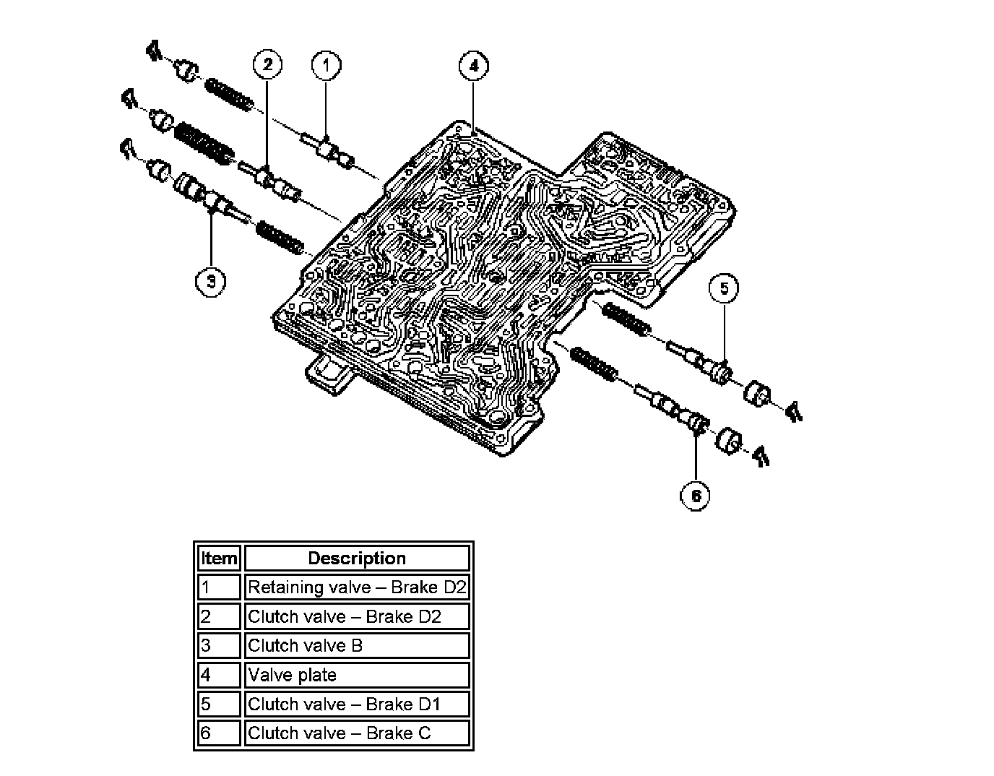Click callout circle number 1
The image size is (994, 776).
[x=325, y=65]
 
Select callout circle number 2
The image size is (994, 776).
[x=267, y=65]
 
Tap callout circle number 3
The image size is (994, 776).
[x=210, y=280]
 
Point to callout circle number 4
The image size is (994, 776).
[x=473, y=66]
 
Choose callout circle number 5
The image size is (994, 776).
[x=724, y=288]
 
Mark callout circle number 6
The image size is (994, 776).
[x=696, y=496]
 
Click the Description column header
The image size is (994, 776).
[x=357, y=559]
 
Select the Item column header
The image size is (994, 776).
[x=219, y=559]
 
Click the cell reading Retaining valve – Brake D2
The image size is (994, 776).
[x=357, y=587]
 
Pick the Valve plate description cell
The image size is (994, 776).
[x=357, y=675]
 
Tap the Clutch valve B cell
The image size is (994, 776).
[x=357, y=645]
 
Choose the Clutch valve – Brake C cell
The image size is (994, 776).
[x=357, y=733]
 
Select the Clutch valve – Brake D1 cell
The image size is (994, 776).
[x=357, y=704]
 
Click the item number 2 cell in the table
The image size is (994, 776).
[x=219, y=616]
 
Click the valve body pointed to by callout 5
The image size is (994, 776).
[x=704, y=363]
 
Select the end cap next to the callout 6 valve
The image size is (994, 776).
[x=730, y=440]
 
